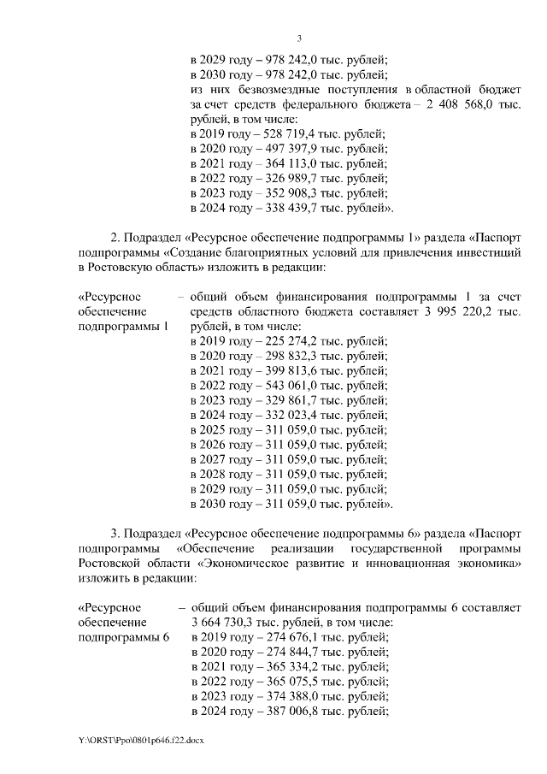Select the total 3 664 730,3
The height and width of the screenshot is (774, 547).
tap(226, 623)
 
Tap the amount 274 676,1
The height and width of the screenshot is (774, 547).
tap(293, 637)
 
